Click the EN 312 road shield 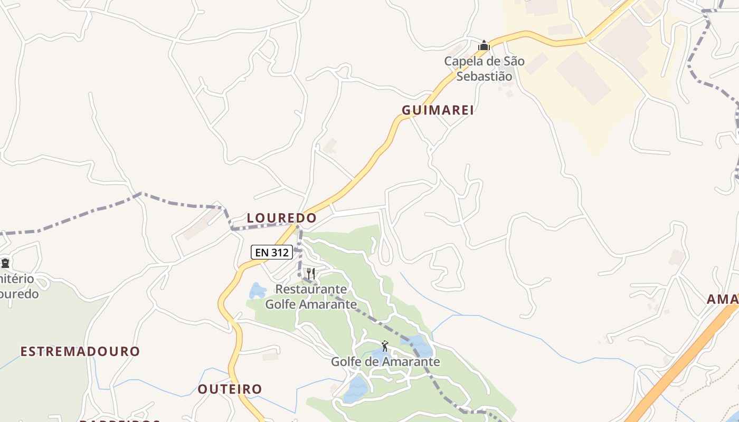click(x=272, y=253)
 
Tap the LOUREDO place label click(x=282, y=218)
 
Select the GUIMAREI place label click(x=438, y=110)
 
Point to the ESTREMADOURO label click(x=80, y=351)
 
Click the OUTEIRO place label click(x=230, y=389)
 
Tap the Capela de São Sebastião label click(x=484, y=69)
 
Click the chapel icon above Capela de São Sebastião click(x=484, y=46)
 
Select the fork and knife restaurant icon click(x=311, y=274)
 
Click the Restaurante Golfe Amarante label click(x=311, y=297)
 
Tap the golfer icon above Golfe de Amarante click(x=385, y=347)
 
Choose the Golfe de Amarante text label click(x=385, y=362)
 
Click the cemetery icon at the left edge click(x=5, y=262)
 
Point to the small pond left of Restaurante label click(x=257, y=291)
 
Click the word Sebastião click(x=484, y=76)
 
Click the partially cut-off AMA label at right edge click(x=723, y=300)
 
